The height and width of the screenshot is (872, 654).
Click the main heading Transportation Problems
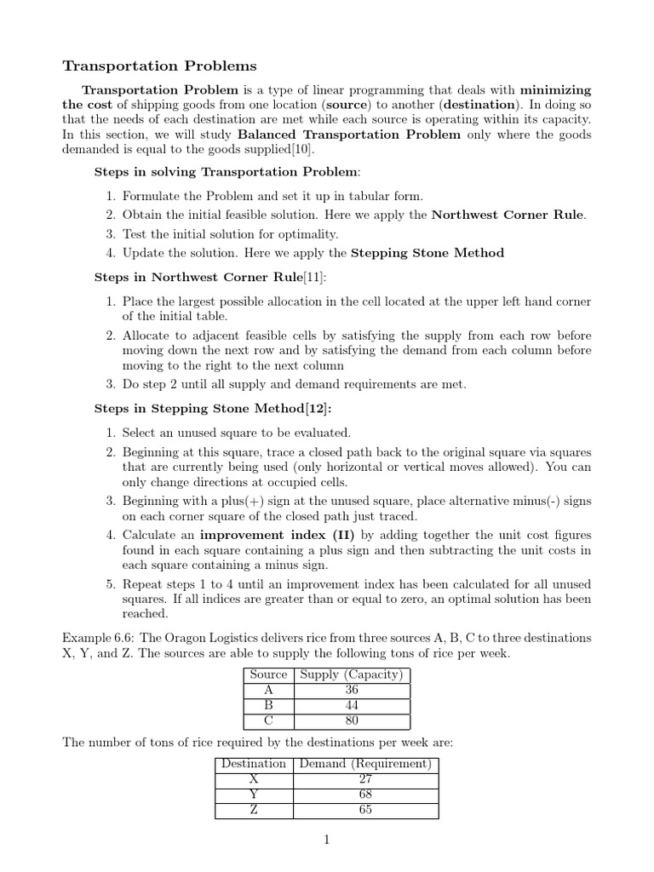click(160, 66)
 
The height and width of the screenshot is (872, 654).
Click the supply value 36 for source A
click(352, 690)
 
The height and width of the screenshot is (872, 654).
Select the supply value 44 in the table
click(352, 705)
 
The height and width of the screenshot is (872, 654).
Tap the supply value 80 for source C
click(352, 720)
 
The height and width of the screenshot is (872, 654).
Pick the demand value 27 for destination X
click(365, 779)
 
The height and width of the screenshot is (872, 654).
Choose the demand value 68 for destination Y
click(365, 795)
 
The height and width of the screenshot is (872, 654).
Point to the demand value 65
click(365, 810)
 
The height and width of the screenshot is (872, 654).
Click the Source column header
click(268, 674)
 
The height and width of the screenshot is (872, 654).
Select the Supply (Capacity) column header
click(352, 674)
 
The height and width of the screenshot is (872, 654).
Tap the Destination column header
click(254, 764)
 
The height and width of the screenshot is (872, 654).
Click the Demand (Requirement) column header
click(365, 764)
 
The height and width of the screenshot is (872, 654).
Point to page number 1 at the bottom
click(326, 840)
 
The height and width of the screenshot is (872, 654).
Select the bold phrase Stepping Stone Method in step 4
click(427, 253)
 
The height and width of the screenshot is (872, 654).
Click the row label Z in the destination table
click(254, 810)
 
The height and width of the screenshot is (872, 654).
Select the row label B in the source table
click(268, 705)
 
